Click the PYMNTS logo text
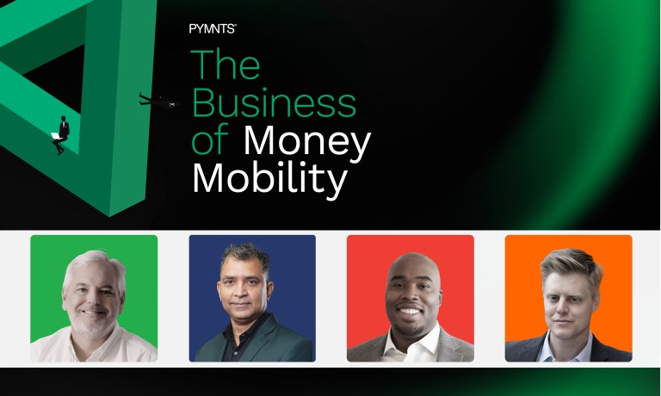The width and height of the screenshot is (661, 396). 212,28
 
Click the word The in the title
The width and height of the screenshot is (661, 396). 226,65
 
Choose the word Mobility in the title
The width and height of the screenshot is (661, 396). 269,178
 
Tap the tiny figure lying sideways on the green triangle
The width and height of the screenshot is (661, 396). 158,101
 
